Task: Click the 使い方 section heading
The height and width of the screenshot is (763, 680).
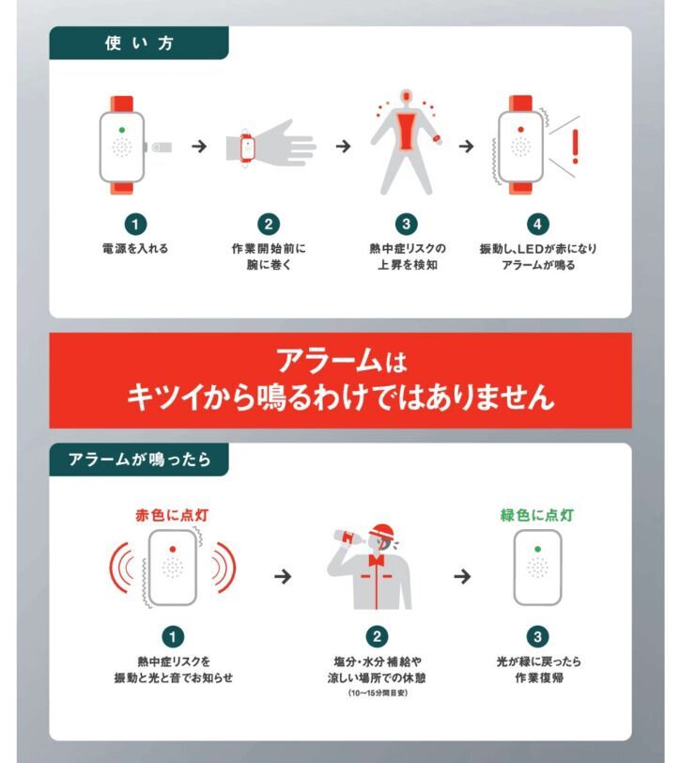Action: pos(139,43)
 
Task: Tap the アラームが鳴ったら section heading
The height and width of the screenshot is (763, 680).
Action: pos(139,459)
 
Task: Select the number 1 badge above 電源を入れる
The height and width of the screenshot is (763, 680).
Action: pos(135,225)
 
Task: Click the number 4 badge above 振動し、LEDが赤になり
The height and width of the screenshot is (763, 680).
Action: pos(537,224)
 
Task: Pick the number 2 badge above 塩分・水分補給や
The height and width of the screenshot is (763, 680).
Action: pos(377,636)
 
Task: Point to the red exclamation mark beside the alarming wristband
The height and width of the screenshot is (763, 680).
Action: pos(576,146)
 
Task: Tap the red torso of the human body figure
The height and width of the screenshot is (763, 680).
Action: pos(406,130)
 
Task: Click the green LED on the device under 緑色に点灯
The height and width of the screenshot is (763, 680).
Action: pos(537,549)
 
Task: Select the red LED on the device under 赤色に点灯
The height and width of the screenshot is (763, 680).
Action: pos(173,549)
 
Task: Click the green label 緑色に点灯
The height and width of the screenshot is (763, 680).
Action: pos(537,515)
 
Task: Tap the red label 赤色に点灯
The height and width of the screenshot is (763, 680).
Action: pos(172,515)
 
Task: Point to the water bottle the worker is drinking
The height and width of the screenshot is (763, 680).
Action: pos(350,537)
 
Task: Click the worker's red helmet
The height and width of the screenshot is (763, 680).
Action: pos(382,530)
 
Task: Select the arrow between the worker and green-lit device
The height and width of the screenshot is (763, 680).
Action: pos(462,577)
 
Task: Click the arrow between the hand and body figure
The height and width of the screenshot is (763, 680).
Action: pos(343,146)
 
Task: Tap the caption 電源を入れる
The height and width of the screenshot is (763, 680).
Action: pos(135,249)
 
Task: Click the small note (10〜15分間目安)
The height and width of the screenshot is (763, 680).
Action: pos(378,693)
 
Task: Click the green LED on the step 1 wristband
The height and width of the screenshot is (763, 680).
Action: pos(121,130)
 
